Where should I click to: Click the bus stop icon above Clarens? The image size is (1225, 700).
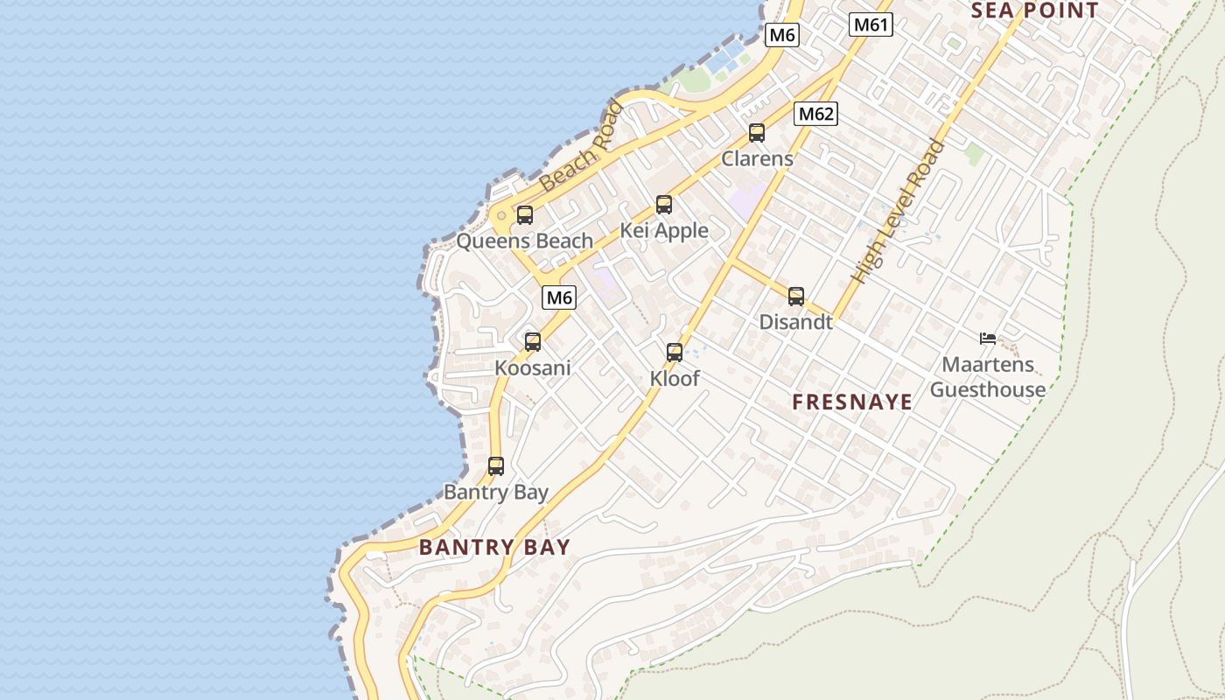tap(757, 133)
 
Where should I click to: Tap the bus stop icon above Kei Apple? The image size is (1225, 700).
tap(664, 205)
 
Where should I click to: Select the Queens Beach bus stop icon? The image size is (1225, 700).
tap(525, 214)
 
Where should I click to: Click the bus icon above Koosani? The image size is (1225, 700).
tap(533, 341)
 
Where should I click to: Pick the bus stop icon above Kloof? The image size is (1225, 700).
tap(675, 353)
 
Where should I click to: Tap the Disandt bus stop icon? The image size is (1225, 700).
tap(796, 297)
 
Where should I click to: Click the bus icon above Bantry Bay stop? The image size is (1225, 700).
tap(496, 466)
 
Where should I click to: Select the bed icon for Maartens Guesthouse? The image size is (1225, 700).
tap(988, 339)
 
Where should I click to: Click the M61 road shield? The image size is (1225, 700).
tap(871, 24)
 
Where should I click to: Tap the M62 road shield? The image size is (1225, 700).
tap(816, 114)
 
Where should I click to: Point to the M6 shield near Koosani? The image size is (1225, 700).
tap(559, 297)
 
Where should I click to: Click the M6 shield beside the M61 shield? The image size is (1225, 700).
tap(782, 35)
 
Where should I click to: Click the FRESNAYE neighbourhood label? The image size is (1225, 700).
tap(852, 402)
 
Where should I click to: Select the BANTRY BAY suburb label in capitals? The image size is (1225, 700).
tap(494, 548)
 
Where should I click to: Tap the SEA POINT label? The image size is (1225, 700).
tap(1035, 10)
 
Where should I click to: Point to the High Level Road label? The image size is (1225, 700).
tap(899, 212)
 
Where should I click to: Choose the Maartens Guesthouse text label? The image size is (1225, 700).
tap(988, 377)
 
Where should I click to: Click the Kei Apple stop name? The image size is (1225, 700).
tap(664, 230)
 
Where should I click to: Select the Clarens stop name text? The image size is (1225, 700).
tap(757, 158)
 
